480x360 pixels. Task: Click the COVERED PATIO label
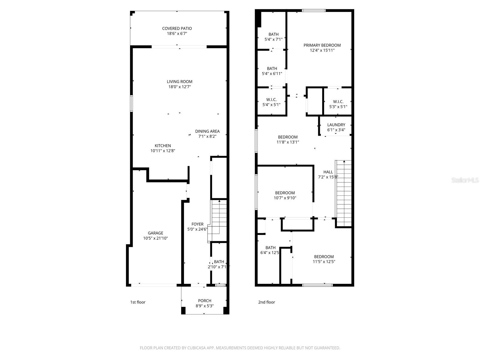[x=177, y=28]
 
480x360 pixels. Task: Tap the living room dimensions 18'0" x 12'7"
[x=179, y=87]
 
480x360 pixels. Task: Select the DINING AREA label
[x=207, y=131]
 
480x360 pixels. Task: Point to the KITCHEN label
[x=163, y=146]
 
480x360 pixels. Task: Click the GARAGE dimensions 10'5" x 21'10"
[x=155, y=238]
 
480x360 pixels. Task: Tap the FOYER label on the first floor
[x=197, y=224]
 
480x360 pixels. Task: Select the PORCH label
[x=205, y=301]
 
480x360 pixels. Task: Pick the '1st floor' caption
[x=138, y=302]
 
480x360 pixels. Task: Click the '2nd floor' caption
[x=266, y=302]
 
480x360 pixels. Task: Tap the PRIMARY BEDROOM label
[x=322, y=45]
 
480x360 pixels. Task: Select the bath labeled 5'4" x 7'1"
[x=273, y=37]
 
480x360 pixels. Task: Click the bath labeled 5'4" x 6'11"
[x=272, y=71]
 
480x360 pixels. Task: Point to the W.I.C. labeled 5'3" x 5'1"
[x=338, y=104]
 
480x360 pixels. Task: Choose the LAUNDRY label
[x=336, y=125]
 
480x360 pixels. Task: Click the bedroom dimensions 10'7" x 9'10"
[x=285, y=198]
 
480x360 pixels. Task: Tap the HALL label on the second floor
[x=328, y=172]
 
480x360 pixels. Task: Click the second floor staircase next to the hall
[x=344, y=192]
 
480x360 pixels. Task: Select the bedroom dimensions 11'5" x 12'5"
[x=324, y=262]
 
